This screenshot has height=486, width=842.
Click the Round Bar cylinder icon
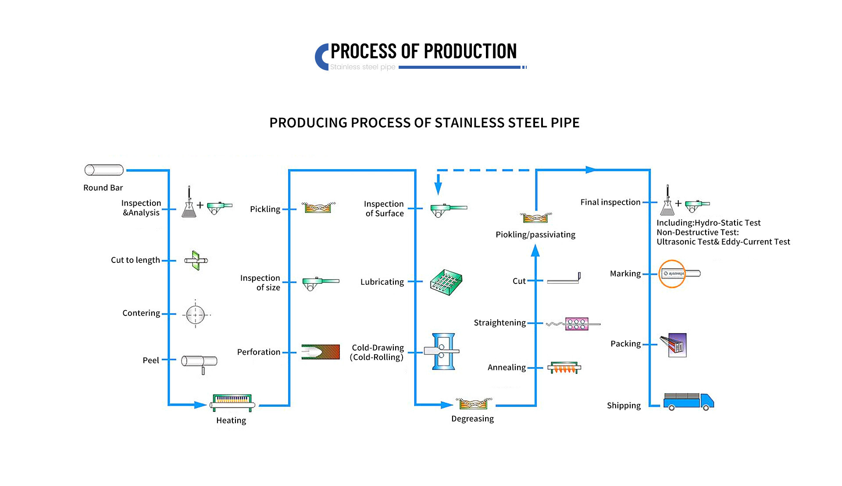104,170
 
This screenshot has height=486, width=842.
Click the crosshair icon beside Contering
196,315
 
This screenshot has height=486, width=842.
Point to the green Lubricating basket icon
446,282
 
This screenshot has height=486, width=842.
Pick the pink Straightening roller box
576,324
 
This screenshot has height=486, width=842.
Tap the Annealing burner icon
564,368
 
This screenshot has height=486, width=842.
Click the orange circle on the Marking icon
672,274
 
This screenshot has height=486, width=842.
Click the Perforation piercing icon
321,352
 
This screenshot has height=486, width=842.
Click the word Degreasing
472,419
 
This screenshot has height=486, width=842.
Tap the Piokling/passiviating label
535,235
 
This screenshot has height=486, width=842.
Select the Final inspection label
610,202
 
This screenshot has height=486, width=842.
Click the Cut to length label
135,260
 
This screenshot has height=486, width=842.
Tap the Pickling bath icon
318,207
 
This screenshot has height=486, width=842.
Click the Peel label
150,361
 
